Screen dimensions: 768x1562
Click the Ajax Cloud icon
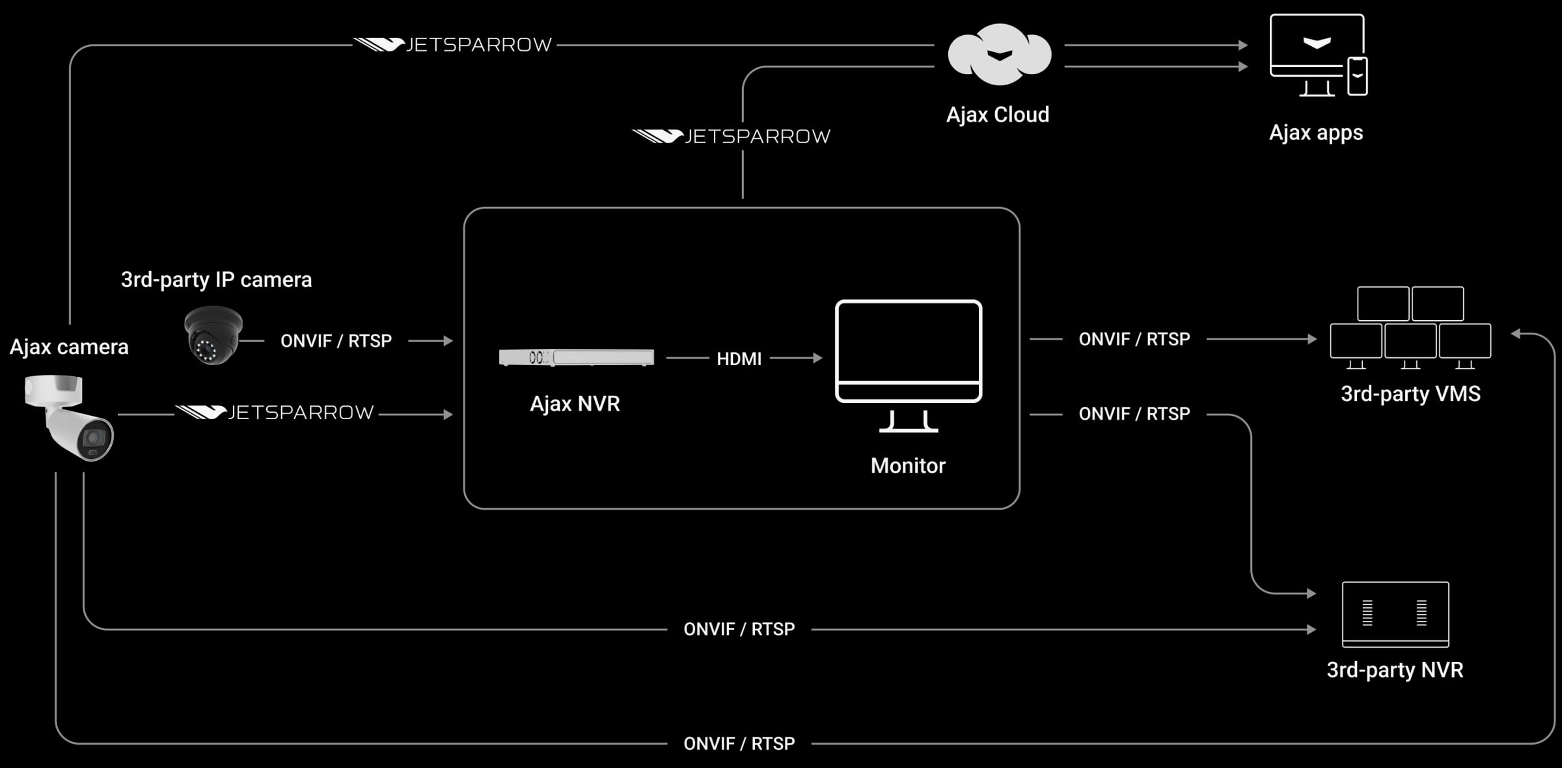click(x=999, y=55)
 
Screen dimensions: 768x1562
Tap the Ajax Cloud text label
click(x=997, y=115)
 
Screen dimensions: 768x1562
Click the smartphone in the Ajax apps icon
click(x=1357, y=76)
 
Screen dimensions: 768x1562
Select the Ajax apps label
click(x=1315, y=133)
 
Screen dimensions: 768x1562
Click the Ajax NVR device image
click(x=576, y=357)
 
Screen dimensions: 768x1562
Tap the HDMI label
click(x=739, y=359)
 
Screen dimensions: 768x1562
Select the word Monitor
click(x=908, y=466)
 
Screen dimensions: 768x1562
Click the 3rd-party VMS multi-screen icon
click(x=1410, y=329)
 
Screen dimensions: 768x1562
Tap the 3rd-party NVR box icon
click(x=1395, y=614)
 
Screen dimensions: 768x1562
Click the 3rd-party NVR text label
click(x=1395, y=670)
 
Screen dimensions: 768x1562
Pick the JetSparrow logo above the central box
click(x=731, y=136)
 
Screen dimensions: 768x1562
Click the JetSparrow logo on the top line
click(x=453, y=44)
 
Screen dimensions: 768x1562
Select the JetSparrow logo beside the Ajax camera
click(x=275, y=413)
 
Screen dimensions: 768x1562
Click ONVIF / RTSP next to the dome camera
click(x=336, y=341)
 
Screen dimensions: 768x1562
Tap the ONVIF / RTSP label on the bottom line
click(x=739, y=743)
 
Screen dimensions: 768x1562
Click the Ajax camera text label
click(x=69, y=347)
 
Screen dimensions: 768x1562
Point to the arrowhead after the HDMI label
click(x=817, y=358)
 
